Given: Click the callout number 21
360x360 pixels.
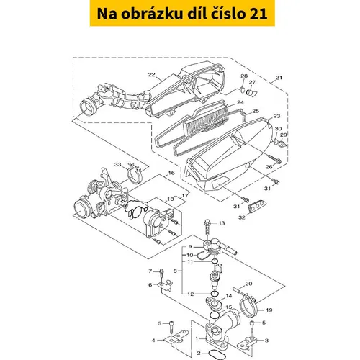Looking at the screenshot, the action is tap(279, 78).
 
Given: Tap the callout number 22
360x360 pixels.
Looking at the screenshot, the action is tap(151, 75).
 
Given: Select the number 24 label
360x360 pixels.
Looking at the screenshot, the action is tap(240, 102).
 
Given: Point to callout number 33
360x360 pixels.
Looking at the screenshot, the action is tap(117, 165).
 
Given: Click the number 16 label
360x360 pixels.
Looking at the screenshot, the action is tap(171, 173).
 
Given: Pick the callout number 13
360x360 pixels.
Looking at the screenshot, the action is tap(222, 223).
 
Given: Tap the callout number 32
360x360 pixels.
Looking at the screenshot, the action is tap(242, 217).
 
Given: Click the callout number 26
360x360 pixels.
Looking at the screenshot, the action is tap(269, 166).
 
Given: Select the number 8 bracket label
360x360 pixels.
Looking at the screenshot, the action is tap(175, 271).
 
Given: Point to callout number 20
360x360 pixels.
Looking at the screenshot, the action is tap(248, 284).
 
